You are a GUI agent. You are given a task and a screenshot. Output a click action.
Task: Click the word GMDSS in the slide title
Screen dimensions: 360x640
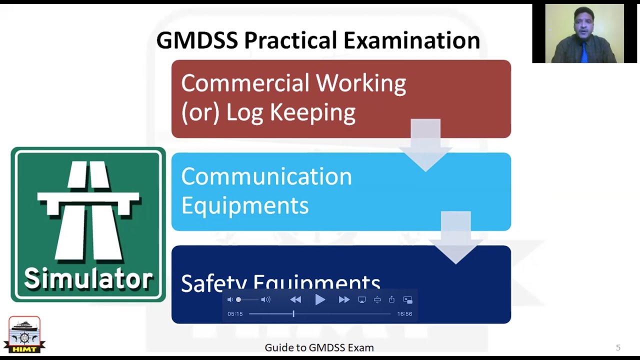click(x=196, y=41)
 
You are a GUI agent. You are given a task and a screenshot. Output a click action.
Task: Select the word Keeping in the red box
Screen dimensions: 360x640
click(x=312, y=112)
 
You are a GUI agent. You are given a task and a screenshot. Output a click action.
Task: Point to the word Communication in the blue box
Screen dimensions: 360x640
click(x=266, y=176)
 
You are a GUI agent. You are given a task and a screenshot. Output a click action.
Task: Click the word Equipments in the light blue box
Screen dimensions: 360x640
click(x=244, y=205)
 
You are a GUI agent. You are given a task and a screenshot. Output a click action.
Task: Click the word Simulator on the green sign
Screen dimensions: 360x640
click(x=88, y=279)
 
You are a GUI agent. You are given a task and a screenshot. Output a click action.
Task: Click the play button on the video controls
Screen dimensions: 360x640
click(x=320, y=299)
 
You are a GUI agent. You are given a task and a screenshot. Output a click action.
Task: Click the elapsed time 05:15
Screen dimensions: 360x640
click(x=235, y=314)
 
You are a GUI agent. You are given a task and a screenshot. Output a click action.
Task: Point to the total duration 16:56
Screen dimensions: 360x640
click(x=404, y=314)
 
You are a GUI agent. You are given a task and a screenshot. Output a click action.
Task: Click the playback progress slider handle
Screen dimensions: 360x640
click(x=293, y=314)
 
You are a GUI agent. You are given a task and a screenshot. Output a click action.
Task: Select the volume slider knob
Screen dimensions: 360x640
click(x=238, y=299)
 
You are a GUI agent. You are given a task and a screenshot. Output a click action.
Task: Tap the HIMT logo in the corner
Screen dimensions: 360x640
click(x=24, y=334)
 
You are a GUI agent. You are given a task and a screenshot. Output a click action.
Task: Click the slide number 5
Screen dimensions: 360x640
click(x=618, y=347)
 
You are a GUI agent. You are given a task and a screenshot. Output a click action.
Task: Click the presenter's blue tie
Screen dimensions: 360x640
click(x=584, y=52)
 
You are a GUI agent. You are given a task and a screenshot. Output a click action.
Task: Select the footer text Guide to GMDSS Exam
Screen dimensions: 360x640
click(x=319, y=347)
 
